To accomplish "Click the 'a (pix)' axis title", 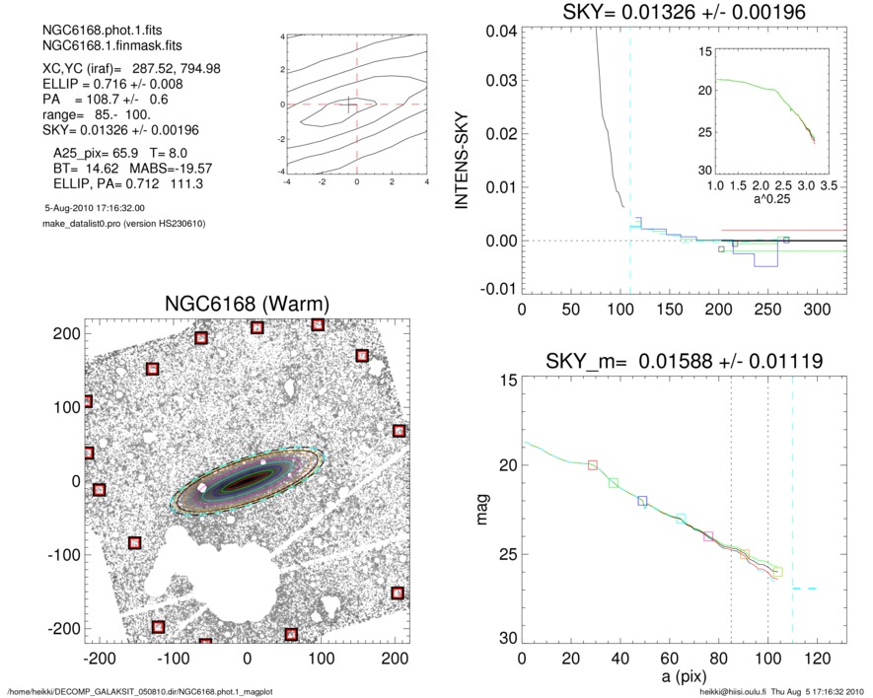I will click(x=682, y=681).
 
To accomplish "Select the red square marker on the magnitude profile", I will click(x=593, y=465).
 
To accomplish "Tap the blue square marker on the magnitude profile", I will click(x=643, y=502).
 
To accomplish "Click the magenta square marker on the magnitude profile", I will click(x=708, y=536).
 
